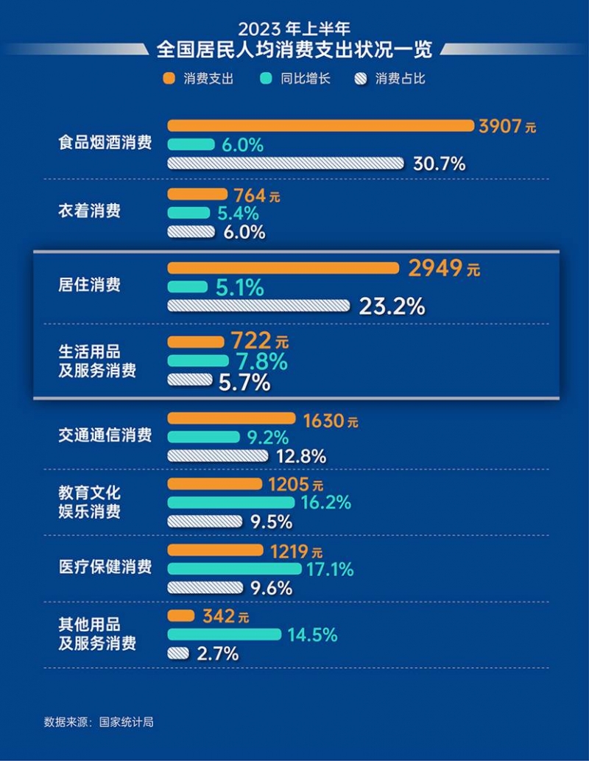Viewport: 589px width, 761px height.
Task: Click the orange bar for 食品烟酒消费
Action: point(321,126)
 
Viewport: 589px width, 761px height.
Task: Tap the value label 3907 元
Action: point(507,126)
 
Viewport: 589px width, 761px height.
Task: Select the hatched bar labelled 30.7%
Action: point(286,163)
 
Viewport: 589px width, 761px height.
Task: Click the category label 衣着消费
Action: point(89,211)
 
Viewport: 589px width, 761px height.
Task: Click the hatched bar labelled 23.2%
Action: point(259,305)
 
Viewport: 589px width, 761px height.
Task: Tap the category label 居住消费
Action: point(89,285)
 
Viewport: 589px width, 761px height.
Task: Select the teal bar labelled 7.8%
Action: point(198,361)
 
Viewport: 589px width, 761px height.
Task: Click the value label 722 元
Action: point(260,342)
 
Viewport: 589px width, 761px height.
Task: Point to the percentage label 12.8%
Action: point(300,456)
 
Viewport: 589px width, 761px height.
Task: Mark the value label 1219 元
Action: point(296,550)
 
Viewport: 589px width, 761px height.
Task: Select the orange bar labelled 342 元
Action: point(181,615)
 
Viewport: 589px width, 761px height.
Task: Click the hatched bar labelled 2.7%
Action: point(178,653)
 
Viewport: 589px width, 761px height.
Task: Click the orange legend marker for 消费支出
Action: point(169,79)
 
